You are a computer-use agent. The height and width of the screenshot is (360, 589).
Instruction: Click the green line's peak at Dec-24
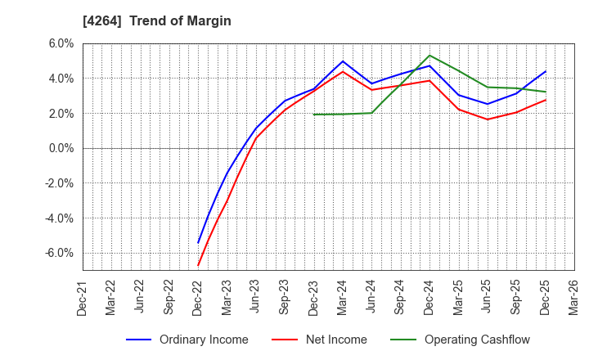click(429, 56)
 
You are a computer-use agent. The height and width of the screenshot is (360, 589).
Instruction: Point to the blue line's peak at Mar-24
click(343, 61)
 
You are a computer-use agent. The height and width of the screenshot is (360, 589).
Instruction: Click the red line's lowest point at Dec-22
click(199, 265)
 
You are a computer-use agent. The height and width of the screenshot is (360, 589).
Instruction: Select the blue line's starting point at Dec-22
click(199, 243)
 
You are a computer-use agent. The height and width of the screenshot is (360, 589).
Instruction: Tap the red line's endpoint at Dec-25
click(545, 100)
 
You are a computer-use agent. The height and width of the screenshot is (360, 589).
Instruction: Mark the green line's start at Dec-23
click(314, 115)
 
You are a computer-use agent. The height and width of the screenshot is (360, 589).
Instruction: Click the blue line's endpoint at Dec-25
click(545, 71)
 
